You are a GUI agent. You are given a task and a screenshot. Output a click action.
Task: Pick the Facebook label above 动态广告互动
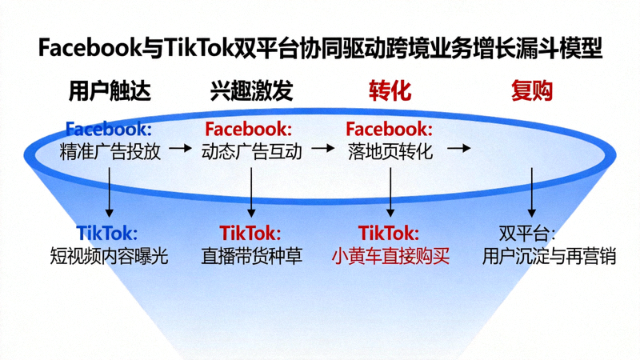[x=249, y=129]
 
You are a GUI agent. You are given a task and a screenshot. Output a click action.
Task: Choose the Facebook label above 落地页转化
[x=390, y=129]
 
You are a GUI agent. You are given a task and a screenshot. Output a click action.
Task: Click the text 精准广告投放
[x=110, y=150]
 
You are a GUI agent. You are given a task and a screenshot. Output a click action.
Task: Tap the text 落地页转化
[x=390, y=150]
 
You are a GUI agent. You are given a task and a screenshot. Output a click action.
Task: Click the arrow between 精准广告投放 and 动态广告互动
[x=181, y=149]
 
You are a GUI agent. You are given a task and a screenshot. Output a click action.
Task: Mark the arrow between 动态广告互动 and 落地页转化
[x=322, y=149]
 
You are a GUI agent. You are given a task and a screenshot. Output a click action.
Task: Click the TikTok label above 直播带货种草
[x=250, y=233]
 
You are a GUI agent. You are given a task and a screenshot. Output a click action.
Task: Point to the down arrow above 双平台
[x=532, y=192]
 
